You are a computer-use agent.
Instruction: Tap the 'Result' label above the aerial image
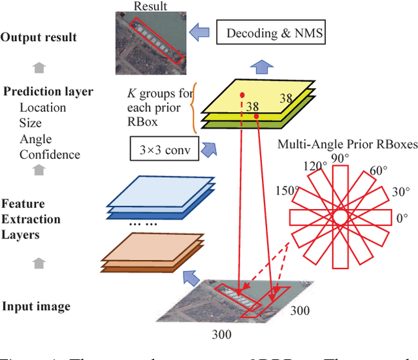[150, 7]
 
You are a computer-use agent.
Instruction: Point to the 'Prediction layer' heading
[48, 92]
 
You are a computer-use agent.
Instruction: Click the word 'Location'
[42, 108]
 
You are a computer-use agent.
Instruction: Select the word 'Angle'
[36, 139]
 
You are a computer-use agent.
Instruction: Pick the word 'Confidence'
[50, 155]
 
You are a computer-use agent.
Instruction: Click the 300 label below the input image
[223, 336]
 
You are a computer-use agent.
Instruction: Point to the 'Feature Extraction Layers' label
[31, 219]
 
